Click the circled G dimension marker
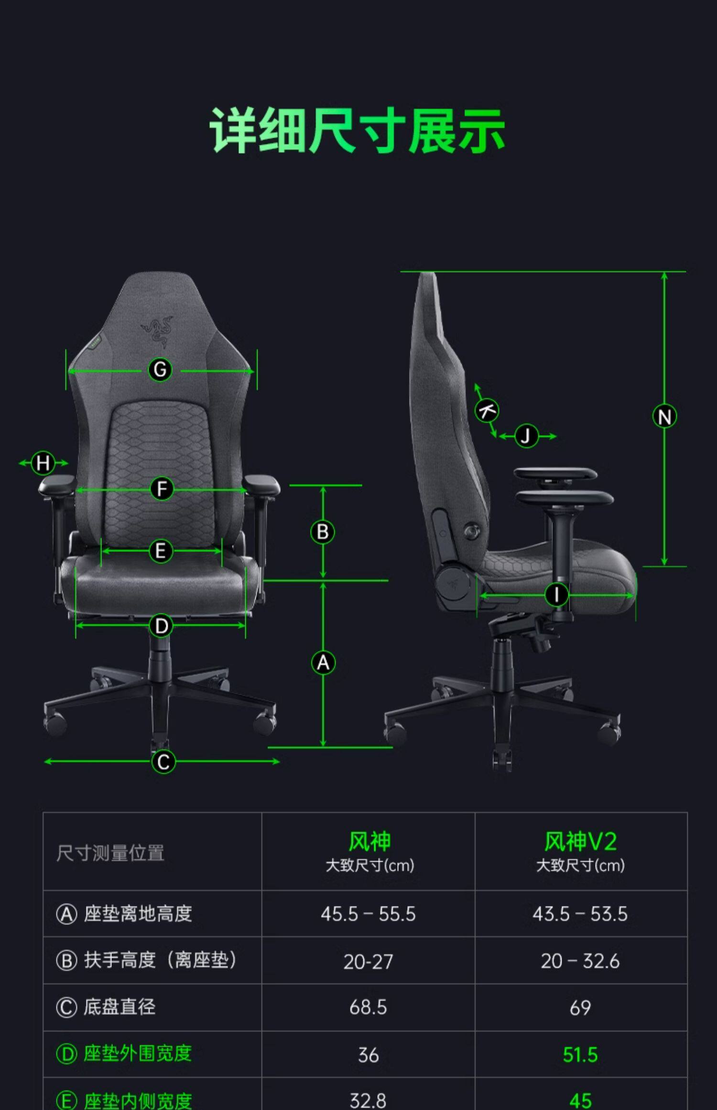[x=160, y=370]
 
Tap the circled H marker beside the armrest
[x=43, y=463]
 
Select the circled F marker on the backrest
[x=162, y=489]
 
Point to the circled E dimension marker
[x=161, y=551]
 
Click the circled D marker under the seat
[x=161, y=626]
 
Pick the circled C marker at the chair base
[x=163, y=762]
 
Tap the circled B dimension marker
[x=323, y=532]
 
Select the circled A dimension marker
[x=323, y=663]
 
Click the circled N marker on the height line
[x=664, y=416]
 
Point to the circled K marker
[x=487, y=411]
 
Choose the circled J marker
[x=526, y=436]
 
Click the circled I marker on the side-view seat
[x=556, y=595]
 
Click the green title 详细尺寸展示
[x=358, y=131]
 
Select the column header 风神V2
[x=580, y=842]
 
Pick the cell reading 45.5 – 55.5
[x=368, y=914]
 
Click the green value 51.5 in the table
[x=580, y=1055]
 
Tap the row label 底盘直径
[x=119, y=1007]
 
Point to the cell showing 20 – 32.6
[x=580, y=961]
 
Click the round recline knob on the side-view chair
[x=473, y=531]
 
